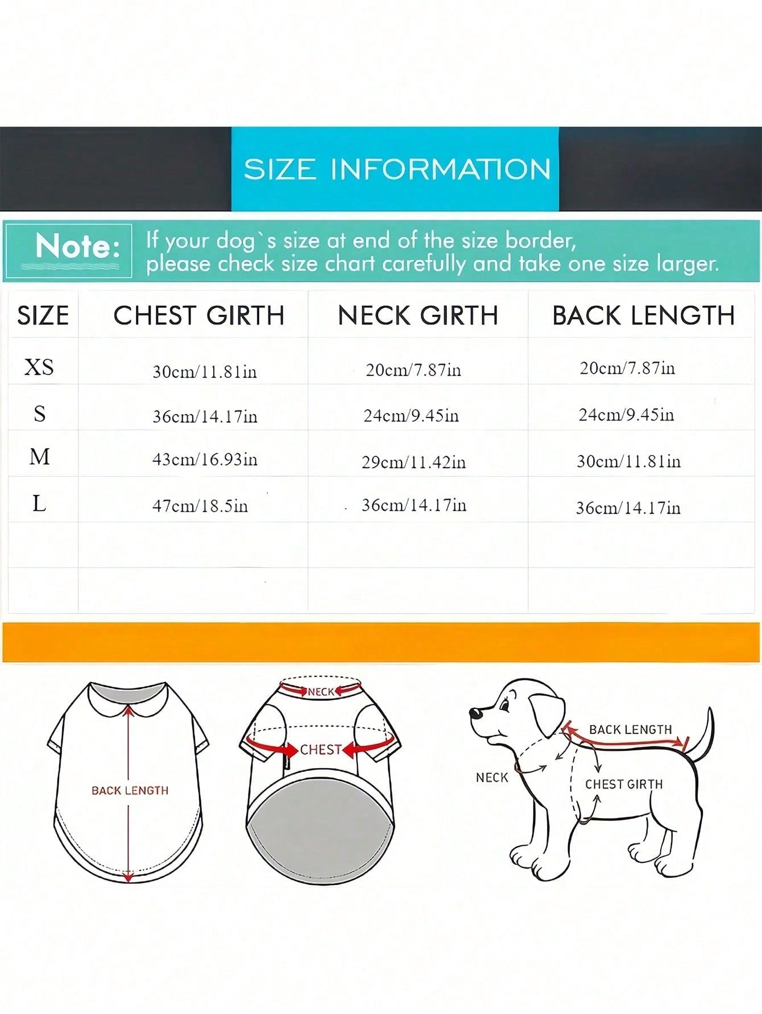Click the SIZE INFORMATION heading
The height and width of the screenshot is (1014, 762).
(397, 169)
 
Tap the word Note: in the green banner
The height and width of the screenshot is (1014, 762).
(77, 247)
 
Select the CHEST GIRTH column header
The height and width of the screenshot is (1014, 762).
(199, 315)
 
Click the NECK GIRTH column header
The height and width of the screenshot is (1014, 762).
(418, 315)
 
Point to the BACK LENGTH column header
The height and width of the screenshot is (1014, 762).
(644, 315)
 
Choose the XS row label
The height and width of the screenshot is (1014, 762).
(39, 367)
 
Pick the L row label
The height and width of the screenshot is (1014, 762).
(39, 503)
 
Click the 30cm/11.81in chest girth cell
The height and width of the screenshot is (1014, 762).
(205, 372)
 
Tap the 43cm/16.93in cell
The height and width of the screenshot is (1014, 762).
(205, 459)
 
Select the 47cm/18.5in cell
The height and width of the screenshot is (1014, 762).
(200, 506)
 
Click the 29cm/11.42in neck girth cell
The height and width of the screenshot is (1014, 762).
(414, 462)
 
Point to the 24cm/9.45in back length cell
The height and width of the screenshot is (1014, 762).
(627, 415)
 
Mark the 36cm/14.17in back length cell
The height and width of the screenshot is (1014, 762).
(628, 507)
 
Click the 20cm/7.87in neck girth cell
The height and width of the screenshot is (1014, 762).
(413, 370)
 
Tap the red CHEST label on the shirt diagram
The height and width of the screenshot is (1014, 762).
(321, 750)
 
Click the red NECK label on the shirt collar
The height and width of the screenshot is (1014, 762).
(321, 692)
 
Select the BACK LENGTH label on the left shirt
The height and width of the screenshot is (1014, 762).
(130, 790)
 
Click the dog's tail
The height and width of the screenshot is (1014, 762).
(701, 736)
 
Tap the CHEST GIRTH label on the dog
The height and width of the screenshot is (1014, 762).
(624, 784)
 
